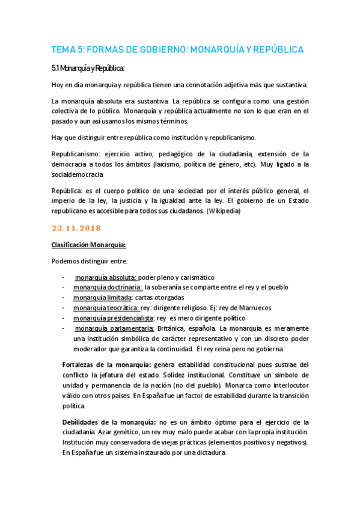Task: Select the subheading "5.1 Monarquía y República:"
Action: coord(87,68)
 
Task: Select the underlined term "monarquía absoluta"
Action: coord(106,278)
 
